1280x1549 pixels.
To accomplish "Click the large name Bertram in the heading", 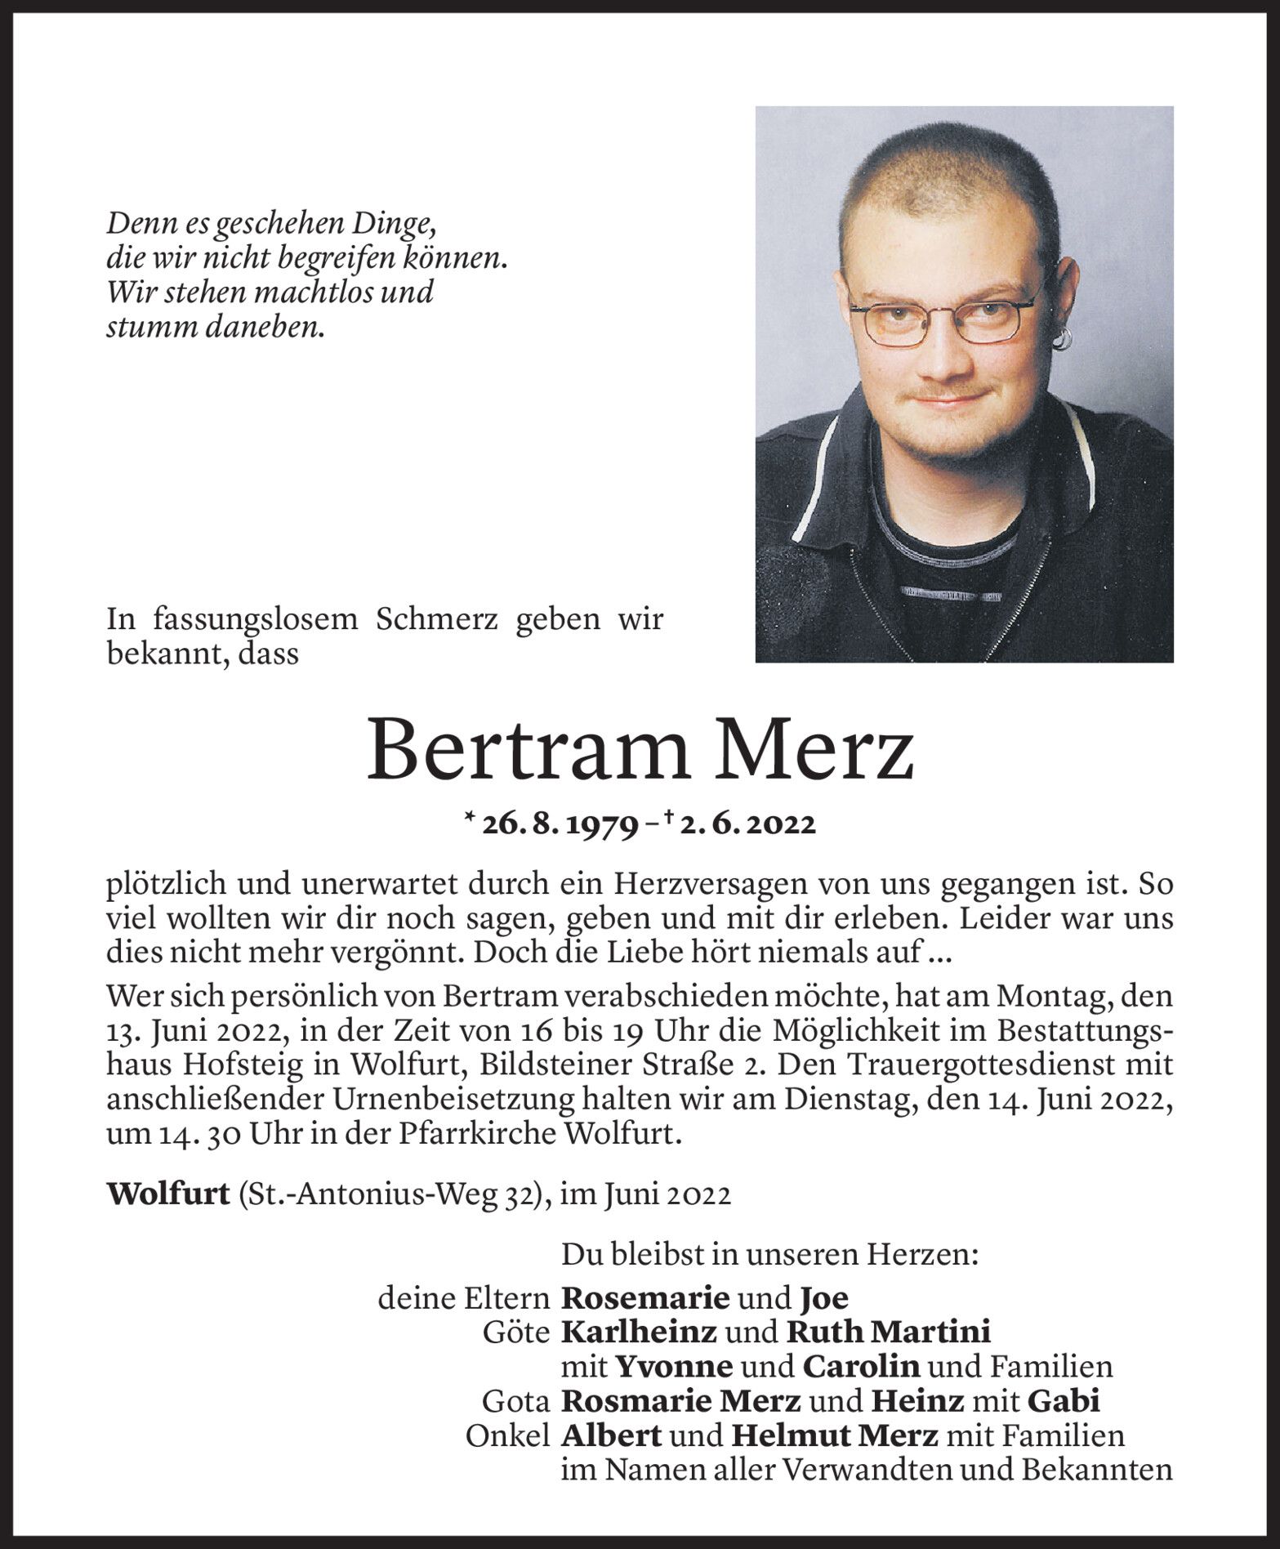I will point(515,748).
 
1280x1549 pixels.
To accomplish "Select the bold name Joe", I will point(823,1297).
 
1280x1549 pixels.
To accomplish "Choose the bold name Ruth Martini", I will point(888,1332).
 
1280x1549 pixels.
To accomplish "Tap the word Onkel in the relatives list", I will point(506,1435).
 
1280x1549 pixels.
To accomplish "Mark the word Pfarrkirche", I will point(481,1136).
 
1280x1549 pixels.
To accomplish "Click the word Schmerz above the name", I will point(438,620).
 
